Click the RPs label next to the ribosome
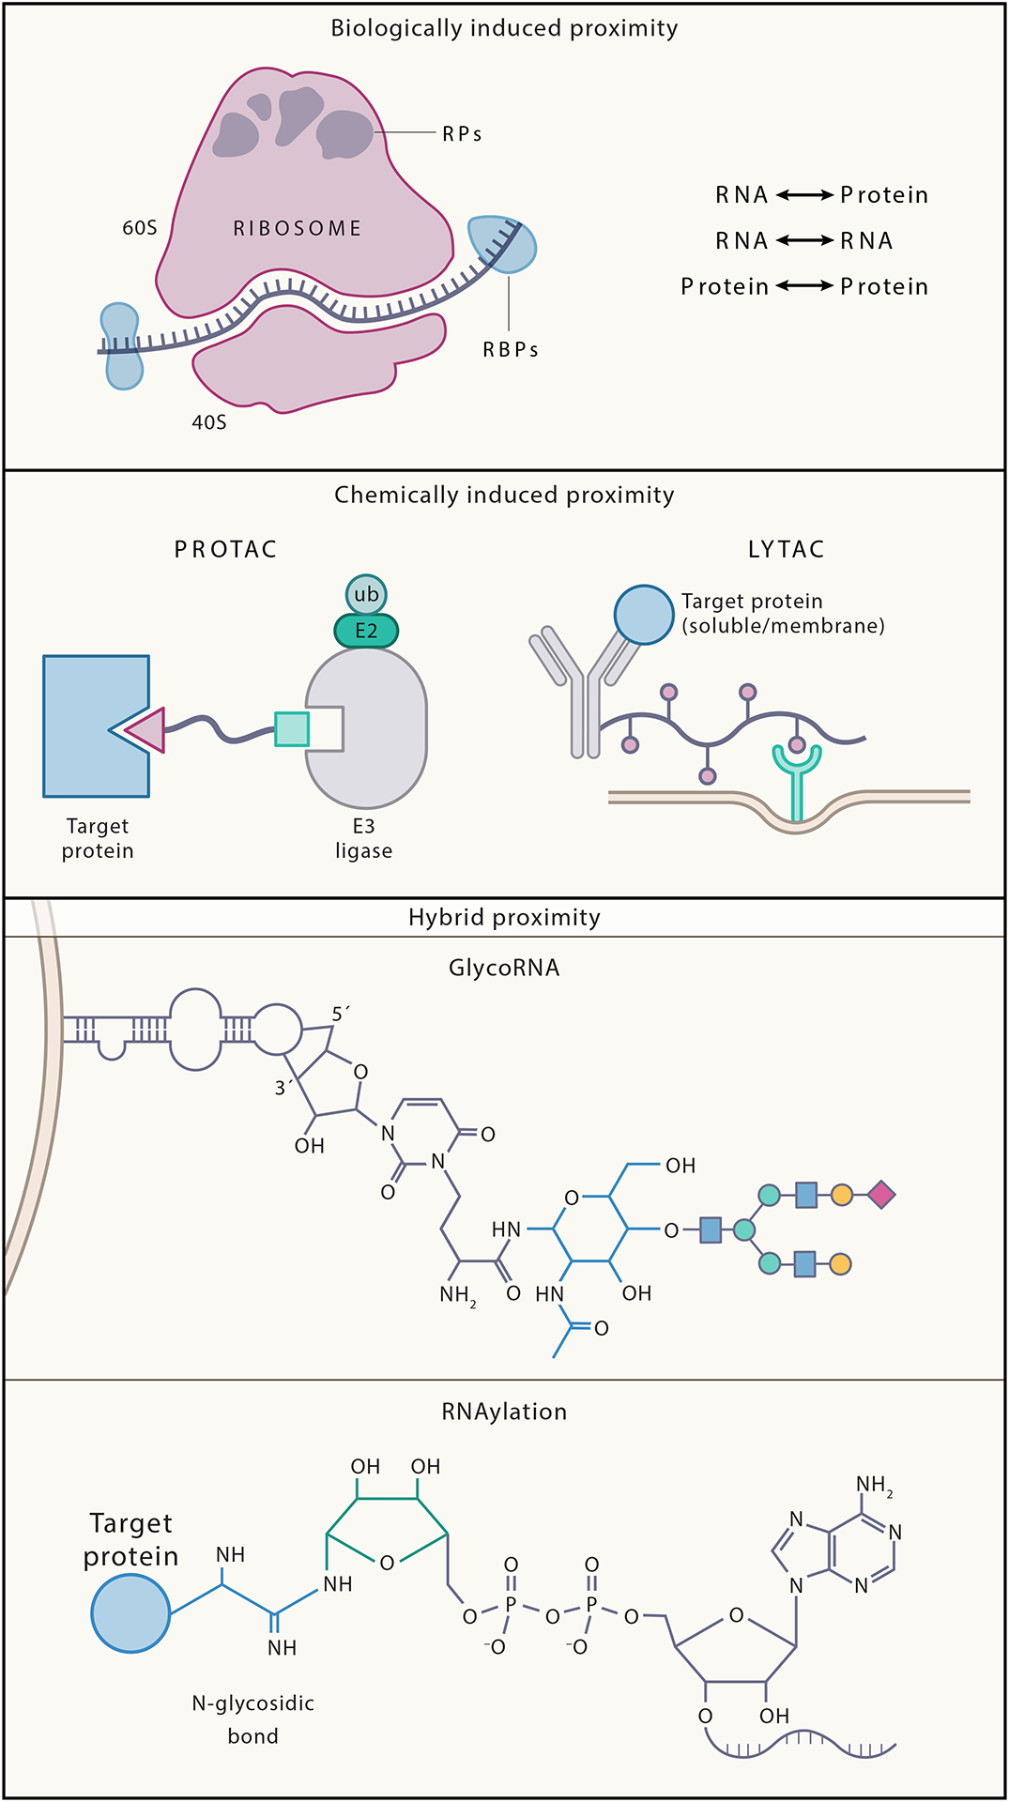462,134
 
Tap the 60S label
140,228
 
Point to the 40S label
209,422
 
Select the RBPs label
511,349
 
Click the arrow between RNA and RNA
804,241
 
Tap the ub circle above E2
366,594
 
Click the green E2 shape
366,631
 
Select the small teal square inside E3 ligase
292,728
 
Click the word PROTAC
225,549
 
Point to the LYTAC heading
786,549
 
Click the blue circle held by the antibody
644,615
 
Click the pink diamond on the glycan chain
880,1195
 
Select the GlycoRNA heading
504,968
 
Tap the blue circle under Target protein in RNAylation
130,1613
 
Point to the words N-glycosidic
252,1703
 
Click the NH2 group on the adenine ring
874,1485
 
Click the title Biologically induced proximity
504,28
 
